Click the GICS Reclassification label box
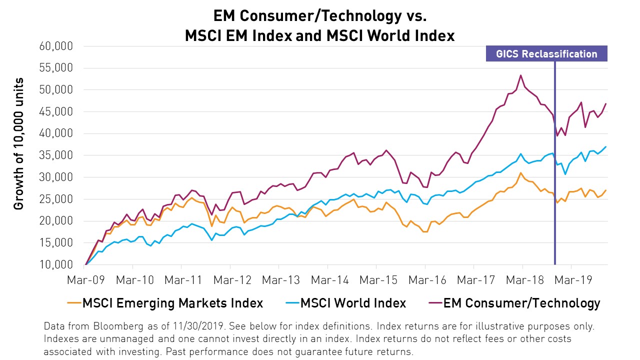click(x=546, y=54)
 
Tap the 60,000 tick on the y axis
click(x=56, y=46)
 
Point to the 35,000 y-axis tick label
click(x=56, y=155)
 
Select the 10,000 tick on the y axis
click(x=56, y=264)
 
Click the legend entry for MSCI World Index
click(x=353, y=303)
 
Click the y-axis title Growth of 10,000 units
click(x=19, y=144)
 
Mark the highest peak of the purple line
click(x=521, y=75)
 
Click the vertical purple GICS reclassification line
click(x=555, y=210)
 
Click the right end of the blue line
click(x=606, y=146)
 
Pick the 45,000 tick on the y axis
click(x=56, y=112)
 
